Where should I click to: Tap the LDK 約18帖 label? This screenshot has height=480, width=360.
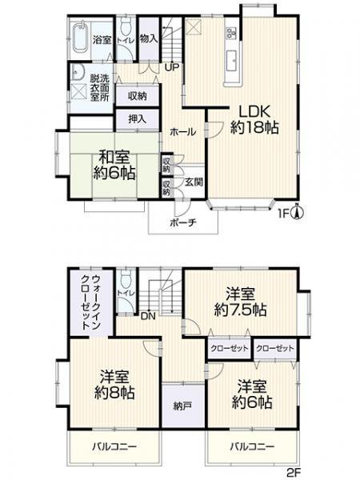point(251,118)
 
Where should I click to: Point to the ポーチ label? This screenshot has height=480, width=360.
point(183,223)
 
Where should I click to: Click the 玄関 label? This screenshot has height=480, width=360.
point(194,182)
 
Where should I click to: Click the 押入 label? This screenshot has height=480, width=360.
point(138,119)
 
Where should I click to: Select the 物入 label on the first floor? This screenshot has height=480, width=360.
point(148,38)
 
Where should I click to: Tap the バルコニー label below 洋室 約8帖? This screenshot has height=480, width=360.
point(114,446)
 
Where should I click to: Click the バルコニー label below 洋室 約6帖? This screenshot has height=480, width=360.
point(254,446)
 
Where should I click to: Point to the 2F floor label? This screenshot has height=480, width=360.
point(293,472)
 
